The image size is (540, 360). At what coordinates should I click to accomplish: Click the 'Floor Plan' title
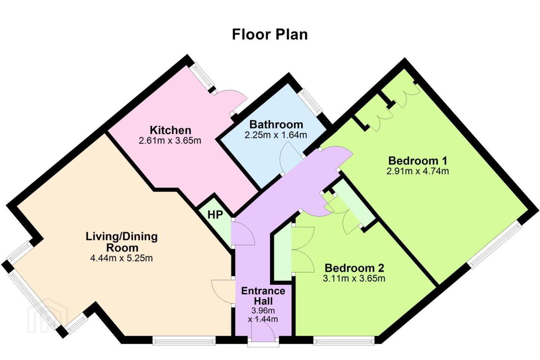tap(270, 34)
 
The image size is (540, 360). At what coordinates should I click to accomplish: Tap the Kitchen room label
tap(170, 130)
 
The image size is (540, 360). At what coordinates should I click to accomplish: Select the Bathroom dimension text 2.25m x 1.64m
tap(276, 135)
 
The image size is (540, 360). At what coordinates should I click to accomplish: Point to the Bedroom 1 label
tap(418, 160)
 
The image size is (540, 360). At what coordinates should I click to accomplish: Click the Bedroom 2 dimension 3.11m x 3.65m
tap(354, 279)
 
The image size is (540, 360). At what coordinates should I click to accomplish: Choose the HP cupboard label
tap(215, 215)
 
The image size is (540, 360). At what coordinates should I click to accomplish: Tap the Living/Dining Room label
tap(122, 242)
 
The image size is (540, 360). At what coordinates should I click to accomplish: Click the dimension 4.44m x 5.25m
tap(121, 258)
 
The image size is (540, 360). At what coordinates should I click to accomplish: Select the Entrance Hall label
tap(263, 296)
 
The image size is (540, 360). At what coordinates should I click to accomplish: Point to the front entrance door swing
tap(263, 331)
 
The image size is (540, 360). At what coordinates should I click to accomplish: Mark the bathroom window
tap(311, 101)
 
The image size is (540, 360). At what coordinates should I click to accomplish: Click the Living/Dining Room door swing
tap(223, 291)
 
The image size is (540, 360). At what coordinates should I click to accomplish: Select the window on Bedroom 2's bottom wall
tap(344, 341)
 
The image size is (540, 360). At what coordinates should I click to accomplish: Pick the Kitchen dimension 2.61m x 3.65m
tap(170, 141)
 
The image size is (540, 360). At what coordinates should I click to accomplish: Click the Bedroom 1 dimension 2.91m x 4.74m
tap(417, 171)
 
